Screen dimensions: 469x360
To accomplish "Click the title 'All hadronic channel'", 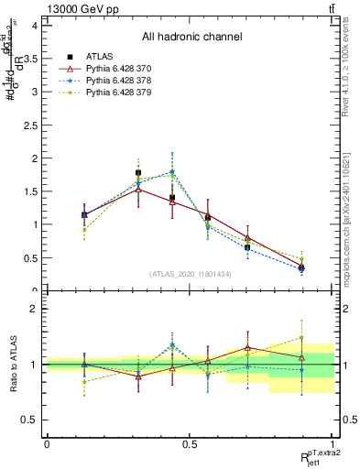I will tap(191, 38).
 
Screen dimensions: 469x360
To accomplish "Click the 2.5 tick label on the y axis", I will tap(30, 125).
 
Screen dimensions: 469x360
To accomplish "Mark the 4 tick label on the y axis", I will tap(34, 26).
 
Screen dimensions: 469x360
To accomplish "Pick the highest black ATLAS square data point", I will tap(138, 172).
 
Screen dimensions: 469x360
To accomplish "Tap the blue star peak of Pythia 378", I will tap(172, 172).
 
